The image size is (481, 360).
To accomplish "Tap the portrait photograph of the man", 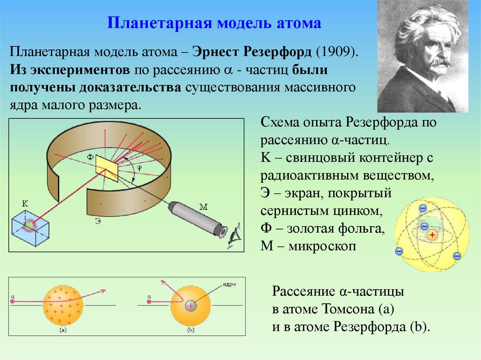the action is (422, 56).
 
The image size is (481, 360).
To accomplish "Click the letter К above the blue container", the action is (24, 204).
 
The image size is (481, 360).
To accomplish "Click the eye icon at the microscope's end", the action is (233, 237).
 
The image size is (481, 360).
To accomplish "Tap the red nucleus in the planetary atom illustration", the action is (432, 234).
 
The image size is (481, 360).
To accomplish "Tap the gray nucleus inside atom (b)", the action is (191, 305).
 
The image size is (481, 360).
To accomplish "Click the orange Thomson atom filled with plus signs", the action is (63, 305).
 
